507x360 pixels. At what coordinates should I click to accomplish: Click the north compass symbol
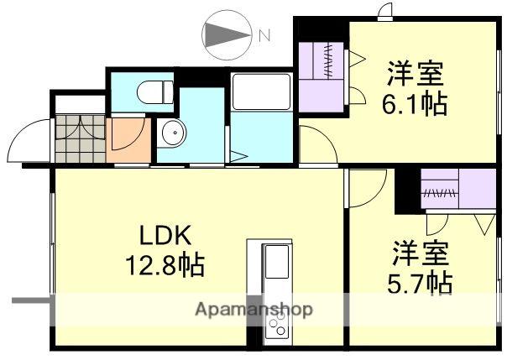pyautogui.click(x=227, y=35)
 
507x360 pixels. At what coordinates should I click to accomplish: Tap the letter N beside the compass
pyautogui.click(x=264, y=36)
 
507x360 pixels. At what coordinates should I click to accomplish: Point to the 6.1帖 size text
pyautogui.click(x=416, y=105)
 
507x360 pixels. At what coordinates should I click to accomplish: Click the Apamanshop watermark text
pyautogui.click(x=253, y=310)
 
